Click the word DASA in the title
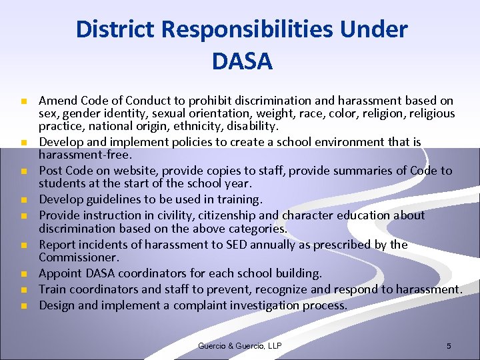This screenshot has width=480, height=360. (x=242, y=61)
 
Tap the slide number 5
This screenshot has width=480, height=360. (x=449, y=346)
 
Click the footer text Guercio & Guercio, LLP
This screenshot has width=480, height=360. (x=240, y=346)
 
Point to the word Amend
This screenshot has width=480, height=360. (x=56, y=101)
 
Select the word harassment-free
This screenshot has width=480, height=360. (x=74, y=155)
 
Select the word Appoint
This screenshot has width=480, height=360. (x=59, y=273)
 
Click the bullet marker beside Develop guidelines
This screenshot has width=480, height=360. (x=22, y=200)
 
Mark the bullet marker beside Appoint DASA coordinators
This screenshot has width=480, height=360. (x=22, y=274)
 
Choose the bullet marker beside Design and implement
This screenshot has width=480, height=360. (x=22, y=306)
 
